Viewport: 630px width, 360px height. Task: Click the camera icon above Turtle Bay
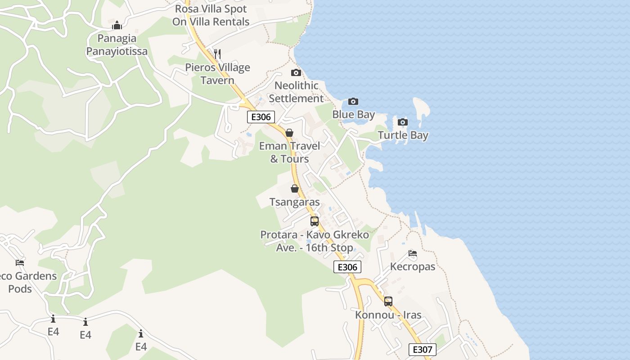403,122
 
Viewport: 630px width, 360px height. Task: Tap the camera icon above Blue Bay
353,101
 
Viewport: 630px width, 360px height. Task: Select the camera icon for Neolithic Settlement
296,72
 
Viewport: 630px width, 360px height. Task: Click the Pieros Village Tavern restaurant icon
217,54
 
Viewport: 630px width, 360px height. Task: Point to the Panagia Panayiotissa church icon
117,25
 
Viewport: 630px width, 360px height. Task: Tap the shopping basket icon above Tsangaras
295,189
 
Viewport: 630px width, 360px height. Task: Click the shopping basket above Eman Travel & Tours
289,133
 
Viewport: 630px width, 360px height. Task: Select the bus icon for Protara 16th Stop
315,221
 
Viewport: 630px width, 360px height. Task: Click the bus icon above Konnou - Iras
388,301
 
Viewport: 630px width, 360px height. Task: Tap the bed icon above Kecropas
412,253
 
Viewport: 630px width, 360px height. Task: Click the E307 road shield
423,350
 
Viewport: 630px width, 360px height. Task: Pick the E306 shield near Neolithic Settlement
261,117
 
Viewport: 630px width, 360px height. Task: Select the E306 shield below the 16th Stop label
347,267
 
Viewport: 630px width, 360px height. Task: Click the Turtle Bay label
403,135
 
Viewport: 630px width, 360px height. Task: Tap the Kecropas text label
413,266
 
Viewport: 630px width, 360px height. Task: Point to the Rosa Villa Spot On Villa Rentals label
211,15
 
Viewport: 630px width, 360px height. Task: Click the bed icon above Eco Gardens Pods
20,262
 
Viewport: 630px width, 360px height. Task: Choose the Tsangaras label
294,202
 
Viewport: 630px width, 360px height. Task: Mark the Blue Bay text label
353,114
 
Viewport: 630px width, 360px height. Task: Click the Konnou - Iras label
388,315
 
